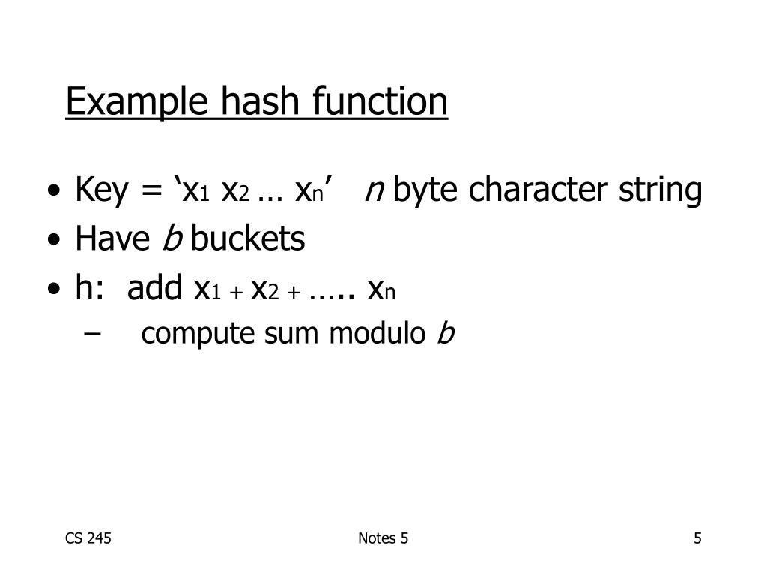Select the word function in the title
pos(379,101)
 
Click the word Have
pos(112,240)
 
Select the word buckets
pos(248,240)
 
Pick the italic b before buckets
pos(172,240)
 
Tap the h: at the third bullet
pos(90,288)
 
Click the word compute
pos(198,334)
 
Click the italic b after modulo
pos(446,334)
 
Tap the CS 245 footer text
pos(88,538)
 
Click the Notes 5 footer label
pos(383,538)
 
